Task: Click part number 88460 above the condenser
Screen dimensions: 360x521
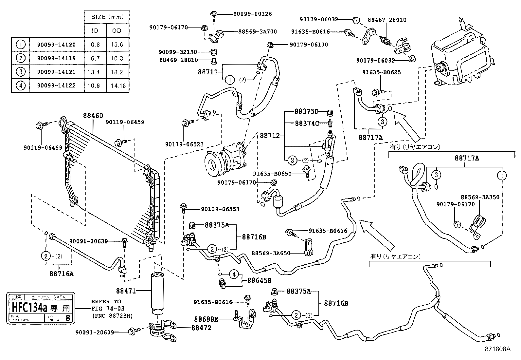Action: tap(93, 116)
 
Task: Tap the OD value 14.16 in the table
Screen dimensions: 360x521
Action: tap(117, 86)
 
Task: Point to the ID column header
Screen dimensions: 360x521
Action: tap(95, 31)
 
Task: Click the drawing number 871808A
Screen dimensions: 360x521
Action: tap(497, 349)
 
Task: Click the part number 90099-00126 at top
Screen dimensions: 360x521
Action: tap(252, 14)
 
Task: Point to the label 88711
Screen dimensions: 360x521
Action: tap(207, 72)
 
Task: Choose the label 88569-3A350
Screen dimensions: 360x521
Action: tap(480, 197)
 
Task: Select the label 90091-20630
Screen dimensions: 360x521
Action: tap(88, 241)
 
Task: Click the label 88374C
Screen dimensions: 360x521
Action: tap(307, 123)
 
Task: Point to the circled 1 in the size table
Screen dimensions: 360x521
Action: tap(20, 45)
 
